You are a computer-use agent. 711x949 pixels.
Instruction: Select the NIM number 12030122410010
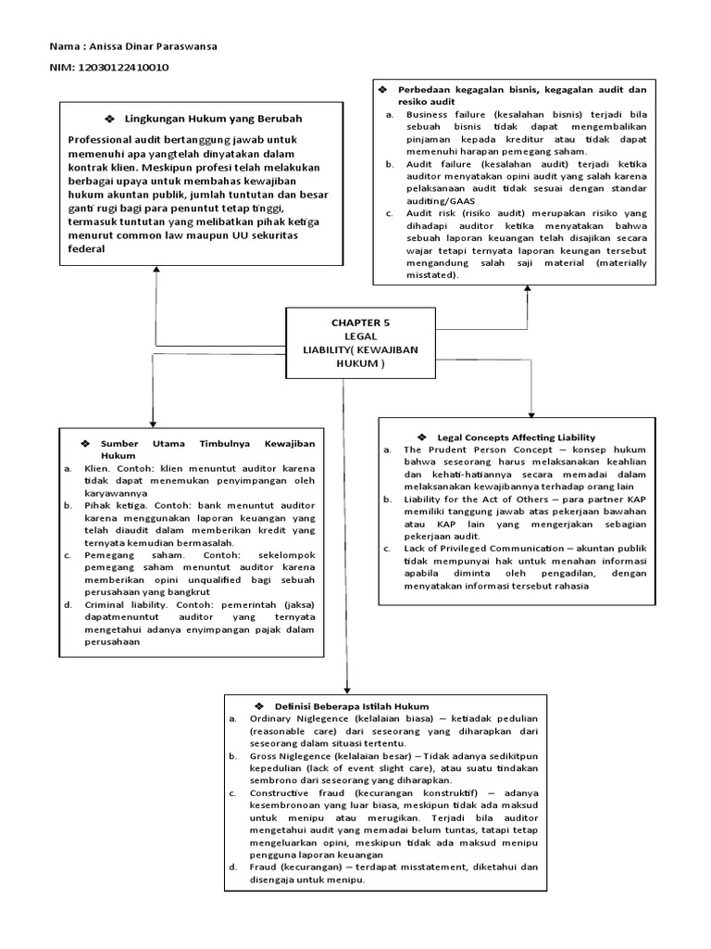click(123, 68)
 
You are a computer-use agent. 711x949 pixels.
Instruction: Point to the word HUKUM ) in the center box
click(360, 363)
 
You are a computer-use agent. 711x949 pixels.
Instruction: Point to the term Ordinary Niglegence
click(295, 719)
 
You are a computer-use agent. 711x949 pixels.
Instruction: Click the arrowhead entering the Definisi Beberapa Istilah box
click(346, 689)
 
